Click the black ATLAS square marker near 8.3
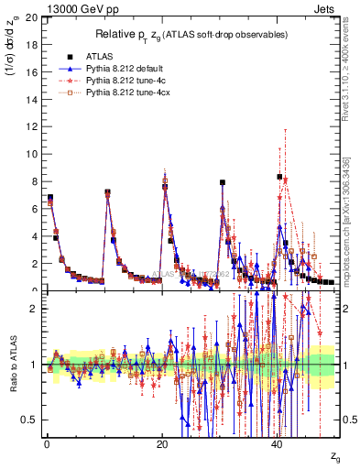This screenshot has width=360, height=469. [x=280, y=177]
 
